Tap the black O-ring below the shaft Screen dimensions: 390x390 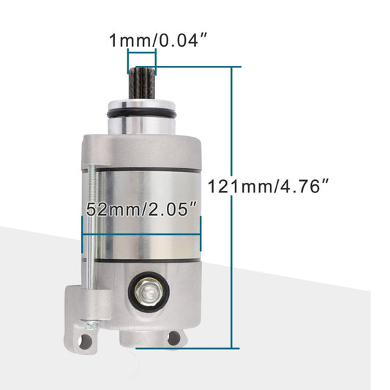tap(143, 118)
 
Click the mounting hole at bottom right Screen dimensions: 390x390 tap(174, 337)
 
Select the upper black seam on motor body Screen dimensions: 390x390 tap(143, 170)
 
